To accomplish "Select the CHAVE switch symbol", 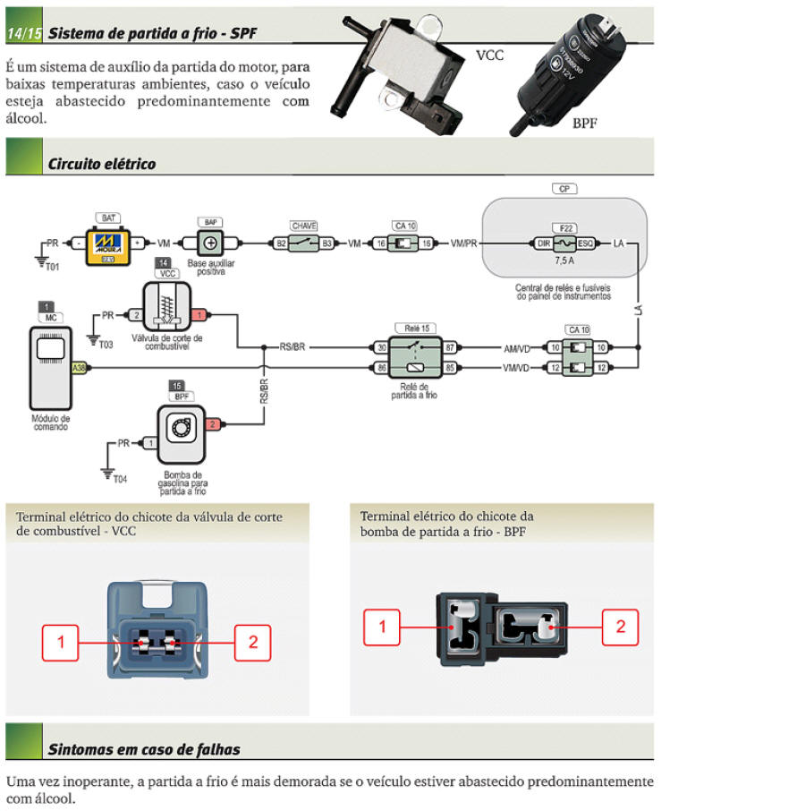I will point(304,243).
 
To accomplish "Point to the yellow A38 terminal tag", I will point(79,367).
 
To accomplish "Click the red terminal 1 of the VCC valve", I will point(200,315).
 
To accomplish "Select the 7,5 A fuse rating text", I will point(564,260).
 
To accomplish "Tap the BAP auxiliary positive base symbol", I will point(211,243).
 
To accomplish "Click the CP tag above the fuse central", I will point(564,190).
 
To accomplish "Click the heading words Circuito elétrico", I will point(101,164).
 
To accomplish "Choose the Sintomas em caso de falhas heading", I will point(144,749).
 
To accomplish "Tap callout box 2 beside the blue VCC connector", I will point(253,642).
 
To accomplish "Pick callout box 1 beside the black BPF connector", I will point(382,627).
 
